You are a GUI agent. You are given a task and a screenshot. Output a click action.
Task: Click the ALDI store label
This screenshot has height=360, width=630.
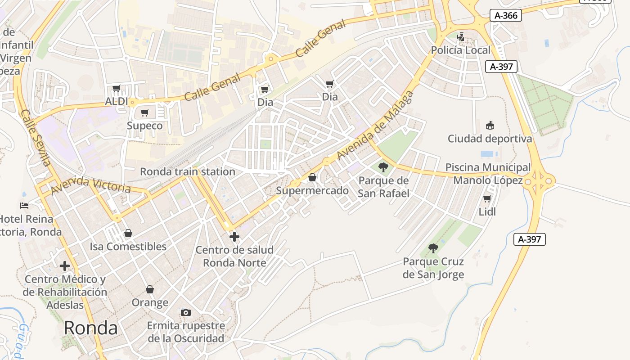117,101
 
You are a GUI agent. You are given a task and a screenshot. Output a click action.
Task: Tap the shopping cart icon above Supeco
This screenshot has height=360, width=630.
144,112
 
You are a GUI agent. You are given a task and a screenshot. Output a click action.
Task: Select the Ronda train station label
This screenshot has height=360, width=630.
187,171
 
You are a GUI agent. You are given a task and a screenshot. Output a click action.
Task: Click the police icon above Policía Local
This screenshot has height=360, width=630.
460,37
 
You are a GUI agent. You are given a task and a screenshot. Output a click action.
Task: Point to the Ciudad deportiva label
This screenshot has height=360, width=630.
490,139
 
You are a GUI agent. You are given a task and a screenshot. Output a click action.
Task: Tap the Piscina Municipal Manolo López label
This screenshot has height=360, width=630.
488,174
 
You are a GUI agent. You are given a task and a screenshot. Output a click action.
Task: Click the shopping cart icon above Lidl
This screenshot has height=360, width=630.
487,198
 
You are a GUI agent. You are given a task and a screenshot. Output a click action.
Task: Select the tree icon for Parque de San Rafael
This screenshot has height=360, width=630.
383,168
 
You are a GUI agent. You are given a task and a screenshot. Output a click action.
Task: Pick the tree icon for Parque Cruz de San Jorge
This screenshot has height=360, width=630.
433,248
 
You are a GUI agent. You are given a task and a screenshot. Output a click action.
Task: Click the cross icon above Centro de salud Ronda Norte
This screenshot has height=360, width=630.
234,237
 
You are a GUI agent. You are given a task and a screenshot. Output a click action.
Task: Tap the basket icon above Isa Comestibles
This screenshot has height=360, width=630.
128,233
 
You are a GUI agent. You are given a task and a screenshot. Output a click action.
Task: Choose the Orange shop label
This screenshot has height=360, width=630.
150,302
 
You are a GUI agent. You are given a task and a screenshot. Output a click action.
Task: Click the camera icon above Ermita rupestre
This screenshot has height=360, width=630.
185,312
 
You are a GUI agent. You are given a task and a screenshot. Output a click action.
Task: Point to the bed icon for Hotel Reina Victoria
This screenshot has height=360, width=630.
25,206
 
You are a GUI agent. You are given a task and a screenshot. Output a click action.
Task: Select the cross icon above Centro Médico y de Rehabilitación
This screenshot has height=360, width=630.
65,266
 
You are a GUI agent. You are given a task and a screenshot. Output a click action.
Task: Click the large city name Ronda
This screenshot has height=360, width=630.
90,328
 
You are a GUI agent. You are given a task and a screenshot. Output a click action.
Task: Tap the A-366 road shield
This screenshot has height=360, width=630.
506,15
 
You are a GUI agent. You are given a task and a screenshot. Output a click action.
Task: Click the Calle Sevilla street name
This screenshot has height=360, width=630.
36,138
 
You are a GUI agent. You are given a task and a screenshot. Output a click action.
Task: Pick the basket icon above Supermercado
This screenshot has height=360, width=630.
312,178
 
